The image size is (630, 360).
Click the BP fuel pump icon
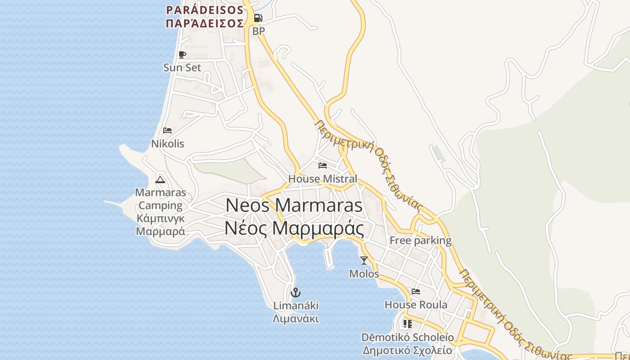(x=258, y=18)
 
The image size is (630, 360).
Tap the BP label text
(x=258, y=31)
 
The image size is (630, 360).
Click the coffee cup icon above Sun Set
(x=182, y=55)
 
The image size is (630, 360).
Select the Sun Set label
(x=182, y=67)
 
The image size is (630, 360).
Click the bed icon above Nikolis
(x=167, y=131)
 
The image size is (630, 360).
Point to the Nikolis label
(x=167, y=144)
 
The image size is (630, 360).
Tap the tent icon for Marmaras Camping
(x=160, y=180)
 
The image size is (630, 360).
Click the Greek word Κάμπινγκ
(x=160, y=219)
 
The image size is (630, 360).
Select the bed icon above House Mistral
(x=322, y=166)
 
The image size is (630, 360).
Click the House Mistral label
(x=322, y=179)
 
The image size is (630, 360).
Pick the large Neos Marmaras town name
(x=294, y=206)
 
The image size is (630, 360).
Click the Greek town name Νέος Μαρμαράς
(x=294, y=229)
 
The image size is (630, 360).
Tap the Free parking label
(x=420, y=240)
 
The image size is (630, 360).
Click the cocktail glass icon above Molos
(x=364, y=260)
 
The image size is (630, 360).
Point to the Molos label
(x=364, y=274)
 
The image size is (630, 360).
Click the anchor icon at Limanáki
(x=296, y=292)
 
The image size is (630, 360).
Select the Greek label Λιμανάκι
(x=296, y=319)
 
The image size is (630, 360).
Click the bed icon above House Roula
(x=416, y=292)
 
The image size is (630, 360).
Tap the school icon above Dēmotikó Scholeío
(x=408, y=324)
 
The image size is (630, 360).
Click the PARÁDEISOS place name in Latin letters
(x=205, y=10)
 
